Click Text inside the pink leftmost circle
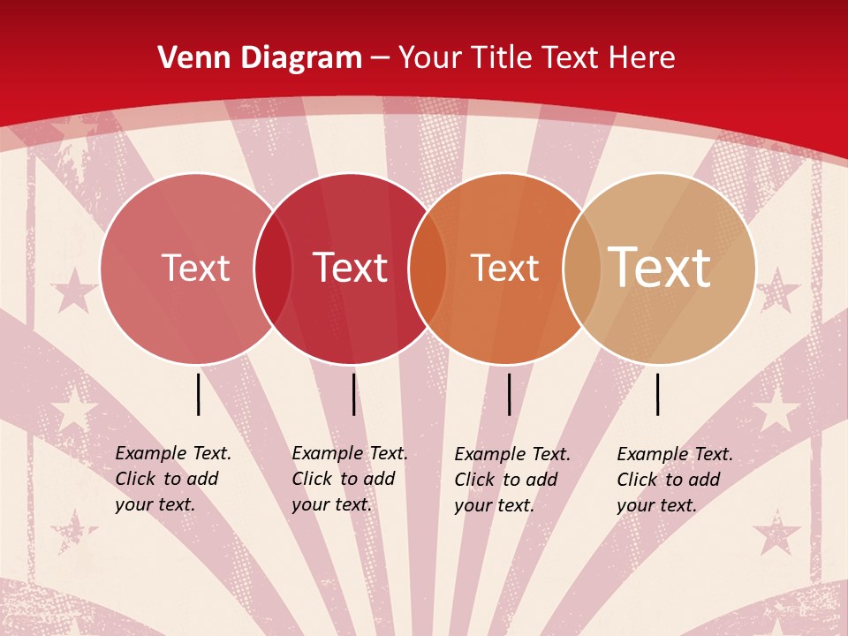tap(195, 268)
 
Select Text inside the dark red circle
tap(350, 268)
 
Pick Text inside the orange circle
tap(504, 268)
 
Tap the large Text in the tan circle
tap(659, 267)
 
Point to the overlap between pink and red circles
tap(273, 269)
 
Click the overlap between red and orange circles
tap(428, 269)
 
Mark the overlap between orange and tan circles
tap(581, 269)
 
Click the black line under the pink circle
tap(199, 394)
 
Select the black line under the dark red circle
tap(353, 394)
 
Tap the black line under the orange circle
tap(509, 394)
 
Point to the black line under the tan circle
tap(658, 394)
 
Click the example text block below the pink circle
tap(172, 479)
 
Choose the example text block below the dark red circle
tap(349, 479)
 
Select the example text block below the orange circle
tap(511, 480)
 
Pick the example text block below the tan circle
tap(674, 480)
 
